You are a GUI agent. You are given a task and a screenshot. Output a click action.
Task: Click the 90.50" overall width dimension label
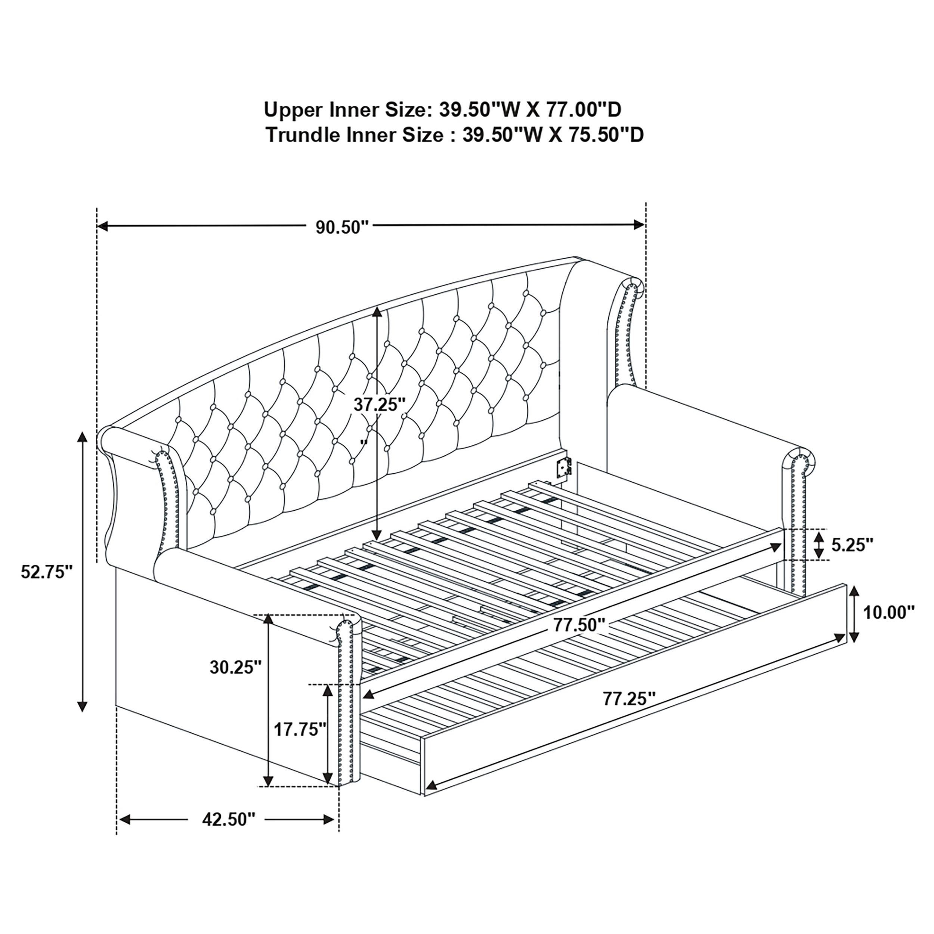tap(342, 227)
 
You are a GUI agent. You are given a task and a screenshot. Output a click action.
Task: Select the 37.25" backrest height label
tap(379, 404)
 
